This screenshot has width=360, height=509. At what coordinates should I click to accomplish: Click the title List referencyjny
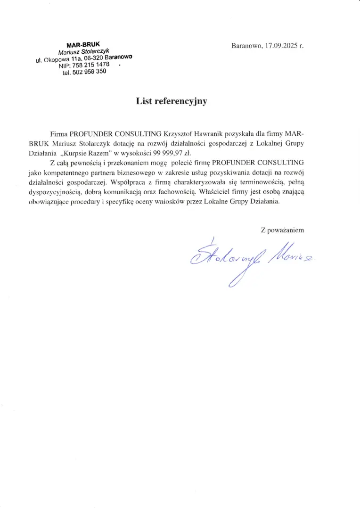(172, 101)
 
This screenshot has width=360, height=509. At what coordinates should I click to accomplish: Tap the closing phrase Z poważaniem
(282, 230)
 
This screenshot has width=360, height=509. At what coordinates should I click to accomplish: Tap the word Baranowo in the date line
(246, 46)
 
